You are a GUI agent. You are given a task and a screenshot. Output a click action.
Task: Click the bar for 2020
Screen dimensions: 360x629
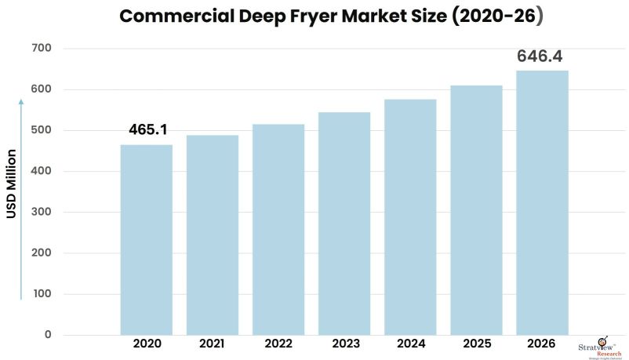point(146,239)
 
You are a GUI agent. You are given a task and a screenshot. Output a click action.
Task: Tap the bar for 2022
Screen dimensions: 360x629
point(278,229)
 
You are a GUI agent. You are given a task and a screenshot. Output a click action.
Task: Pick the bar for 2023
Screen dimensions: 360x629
point(344,224)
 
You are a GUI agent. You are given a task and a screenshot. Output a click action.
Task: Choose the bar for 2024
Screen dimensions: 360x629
point(410,216)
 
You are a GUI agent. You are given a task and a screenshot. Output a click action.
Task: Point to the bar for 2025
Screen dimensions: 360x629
point(476,209)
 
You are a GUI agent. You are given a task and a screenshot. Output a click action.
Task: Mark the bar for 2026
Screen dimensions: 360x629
point(542,202)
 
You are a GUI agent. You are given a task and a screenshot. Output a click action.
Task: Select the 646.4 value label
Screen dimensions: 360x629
point(540,56)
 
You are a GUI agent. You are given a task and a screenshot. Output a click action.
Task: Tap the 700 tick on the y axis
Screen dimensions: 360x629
point(42,49)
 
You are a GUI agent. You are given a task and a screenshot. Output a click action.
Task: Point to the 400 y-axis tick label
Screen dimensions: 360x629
point(42,171)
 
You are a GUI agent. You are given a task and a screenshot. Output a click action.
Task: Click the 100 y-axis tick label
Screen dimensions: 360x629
point(42,294)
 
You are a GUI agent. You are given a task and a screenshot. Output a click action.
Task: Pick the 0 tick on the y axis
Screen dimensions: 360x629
point(47,335)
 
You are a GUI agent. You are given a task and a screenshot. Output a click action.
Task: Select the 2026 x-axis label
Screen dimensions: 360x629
point(542,344)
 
